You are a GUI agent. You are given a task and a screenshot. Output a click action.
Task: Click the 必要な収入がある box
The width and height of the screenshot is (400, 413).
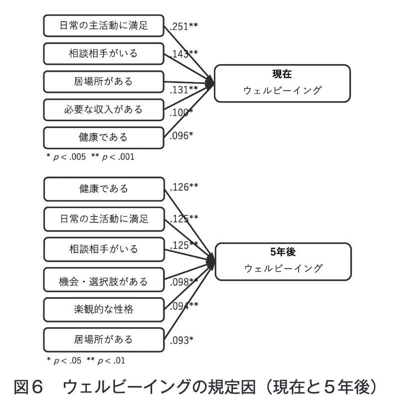pyautogui.click(x=104, y=110)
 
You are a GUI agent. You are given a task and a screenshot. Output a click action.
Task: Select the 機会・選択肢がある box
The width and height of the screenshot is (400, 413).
pyautogui.click(x=104, y=280)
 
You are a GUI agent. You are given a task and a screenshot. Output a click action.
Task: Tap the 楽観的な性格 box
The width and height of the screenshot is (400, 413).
pyautogui.click(x=104, y=310)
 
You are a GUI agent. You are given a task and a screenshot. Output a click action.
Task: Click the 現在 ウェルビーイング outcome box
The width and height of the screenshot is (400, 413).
pyautogui.click(x=282, y=83)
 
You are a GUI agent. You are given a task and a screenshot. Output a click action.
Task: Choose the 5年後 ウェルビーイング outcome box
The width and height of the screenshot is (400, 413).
pyautogui.click(x=283, y=261)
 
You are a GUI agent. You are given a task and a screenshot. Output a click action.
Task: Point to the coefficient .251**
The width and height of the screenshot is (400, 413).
pyautogui.click(x=184, y=26)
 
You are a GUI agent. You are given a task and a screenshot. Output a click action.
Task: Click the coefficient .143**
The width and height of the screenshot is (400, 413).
pyautogui.click(x=184, y=54)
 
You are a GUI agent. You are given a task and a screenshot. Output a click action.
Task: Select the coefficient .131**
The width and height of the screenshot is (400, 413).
pyautogui.click(x=184, y=90)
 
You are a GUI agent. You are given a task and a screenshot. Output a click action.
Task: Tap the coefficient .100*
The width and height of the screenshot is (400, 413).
pyautogui.click(x=182, y=113)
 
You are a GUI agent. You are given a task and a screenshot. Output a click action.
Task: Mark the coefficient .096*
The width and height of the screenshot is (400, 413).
pyautogui.click(x=182, y=136)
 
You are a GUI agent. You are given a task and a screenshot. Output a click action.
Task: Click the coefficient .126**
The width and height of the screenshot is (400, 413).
pyautogui.click(x=184, y=187)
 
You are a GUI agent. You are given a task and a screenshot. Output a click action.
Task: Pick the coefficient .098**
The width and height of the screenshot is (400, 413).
pyautogui.click(x=184, y=282)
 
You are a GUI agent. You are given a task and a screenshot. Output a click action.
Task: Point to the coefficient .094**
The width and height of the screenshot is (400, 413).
pyautogui.click(x=184, y=306)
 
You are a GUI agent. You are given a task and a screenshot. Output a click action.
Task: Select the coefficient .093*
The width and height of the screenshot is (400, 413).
pyautogui.click(x=182, y=340)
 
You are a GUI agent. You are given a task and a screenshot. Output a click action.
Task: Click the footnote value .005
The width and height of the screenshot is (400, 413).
pyautogui.click(x=78, y=157)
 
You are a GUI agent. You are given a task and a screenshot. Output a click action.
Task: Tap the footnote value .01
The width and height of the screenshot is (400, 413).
pyautogui.click(x=119, y=360)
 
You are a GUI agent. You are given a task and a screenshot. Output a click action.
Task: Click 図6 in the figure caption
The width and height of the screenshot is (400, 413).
pyautogui.click(x=28, y=387)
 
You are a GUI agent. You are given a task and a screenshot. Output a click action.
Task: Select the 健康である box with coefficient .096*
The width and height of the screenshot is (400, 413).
pyautogui.click(x=104, y=138)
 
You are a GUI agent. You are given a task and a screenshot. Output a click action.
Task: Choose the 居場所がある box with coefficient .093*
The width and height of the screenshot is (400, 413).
pyautogui.click(x=104, y=340)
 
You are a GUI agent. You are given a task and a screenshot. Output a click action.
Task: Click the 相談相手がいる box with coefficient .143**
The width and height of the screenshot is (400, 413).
pyautogui.click(x=104, y=54)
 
